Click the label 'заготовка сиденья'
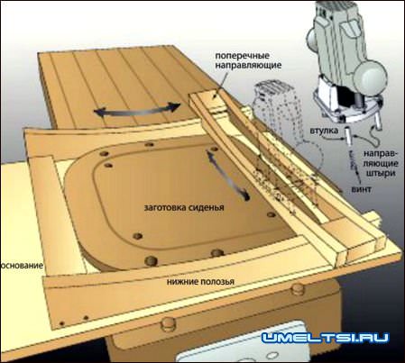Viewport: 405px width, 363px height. coord(184,207)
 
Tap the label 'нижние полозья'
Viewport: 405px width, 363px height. coord(200,282)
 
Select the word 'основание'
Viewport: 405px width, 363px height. coord(22,266)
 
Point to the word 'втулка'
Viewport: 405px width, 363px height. coord(325,131)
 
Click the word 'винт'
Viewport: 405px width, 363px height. coord(361,189)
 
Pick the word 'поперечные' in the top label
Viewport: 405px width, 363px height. coord(243,56)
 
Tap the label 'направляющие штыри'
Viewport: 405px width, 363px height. coord(381,163)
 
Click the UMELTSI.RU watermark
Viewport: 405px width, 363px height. coord(325,338)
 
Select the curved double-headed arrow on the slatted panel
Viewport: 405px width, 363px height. coord(137,112)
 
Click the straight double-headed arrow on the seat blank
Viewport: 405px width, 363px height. coord(228,175)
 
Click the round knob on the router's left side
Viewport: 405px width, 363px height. coord(312,39)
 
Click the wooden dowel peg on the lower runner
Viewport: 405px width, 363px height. coord(298,288)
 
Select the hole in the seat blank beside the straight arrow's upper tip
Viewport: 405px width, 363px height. coord(213,149)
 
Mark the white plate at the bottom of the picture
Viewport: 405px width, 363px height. coord(241,345)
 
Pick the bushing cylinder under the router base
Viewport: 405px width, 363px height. coord(349,136)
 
